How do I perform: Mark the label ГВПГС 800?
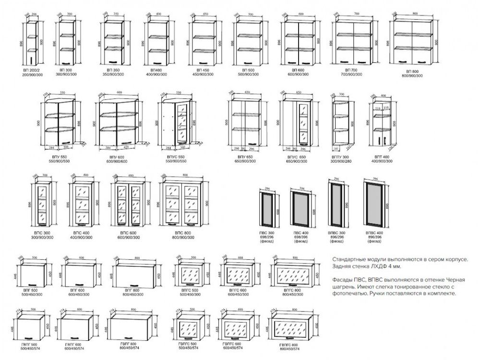tap(291, 345)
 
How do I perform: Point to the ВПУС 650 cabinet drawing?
tap(298, 122)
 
